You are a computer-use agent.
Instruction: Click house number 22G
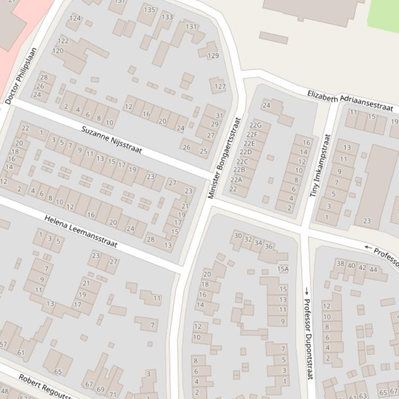point(255,125)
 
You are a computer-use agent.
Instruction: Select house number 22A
point(236,180)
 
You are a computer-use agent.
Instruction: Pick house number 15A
point(283,269)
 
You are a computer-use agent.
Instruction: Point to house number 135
point(149,9)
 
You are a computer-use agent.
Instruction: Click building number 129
point(213,55)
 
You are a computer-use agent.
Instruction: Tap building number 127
point(220,87)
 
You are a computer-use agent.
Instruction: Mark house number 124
point(75,18)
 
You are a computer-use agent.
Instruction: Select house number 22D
point(245,152)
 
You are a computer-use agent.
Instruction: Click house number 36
point(268,246)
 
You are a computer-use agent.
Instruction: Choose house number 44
point(373,269)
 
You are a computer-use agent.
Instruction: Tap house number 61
point(21,352)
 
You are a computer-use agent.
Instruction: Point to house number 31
point(219,116)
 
